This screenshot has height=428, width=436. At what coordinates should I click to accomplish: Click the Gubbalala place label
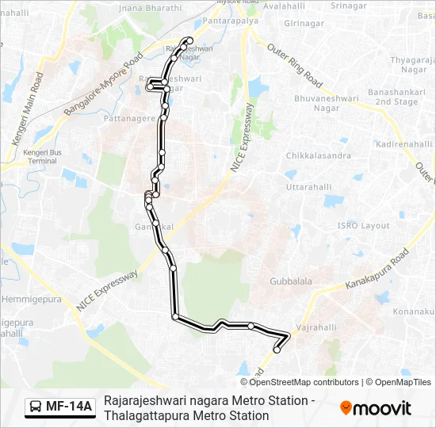[291, 281]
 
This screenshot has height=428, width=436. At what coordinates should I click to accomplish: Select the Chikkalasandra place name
[318, 155]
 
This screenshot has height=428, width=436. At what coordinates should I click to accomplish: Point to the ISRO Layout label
[364, 226]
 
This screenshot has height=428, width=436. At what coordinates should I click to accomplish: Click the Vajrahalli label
[317, 327]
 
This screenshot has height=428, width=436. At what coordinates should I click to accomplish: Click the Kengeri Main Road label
[25, 107]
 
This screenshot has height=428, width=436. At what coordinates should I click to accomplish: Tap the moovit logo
[376, 408]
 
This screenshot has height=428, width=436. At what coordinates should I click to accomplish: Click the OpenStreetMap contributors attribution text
[304, 382]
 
